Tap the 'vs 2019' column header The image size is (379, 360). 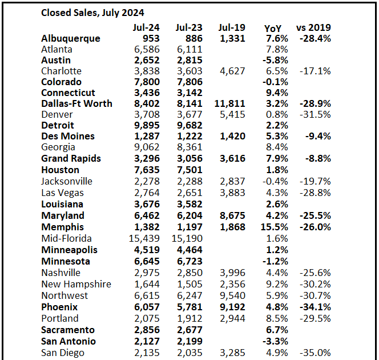[313, 27]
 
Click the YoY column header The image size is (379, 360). [273, 28]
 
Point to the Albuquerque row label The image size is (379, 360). [71, 38]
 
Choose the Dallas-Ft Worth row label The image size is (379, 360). [76, 103]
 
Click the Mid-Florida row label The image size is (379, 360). [66, 238]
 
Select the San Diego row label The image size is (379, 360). [63, 352]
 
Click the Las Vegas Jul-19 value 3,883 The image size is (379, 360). [232, 193]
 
